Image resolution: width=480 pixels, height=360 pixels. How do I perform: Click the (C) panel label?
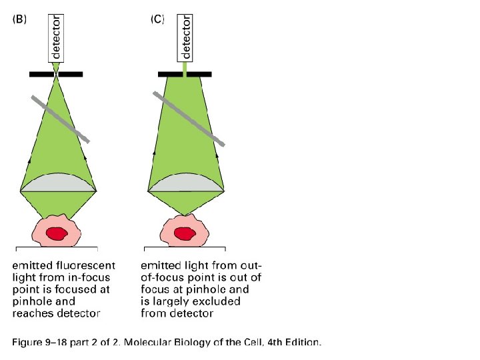click(x=157, y=19)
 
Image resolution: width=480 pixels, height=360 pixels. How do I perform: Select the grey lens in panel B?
click(x=59, y=183)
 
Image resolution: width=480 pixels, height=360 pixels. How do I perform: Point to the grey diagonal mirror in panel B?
click(x=60, y=119)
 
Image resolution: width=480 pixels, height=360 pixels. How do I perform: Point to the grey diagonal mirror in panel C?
click(x=189, y=119)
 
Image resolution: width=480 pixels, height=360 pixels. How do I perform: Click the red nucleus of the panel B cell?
click(x=56, y=233)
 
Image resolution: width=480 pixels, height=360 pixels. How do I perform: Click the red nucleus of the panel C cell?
click(x=183, y=233)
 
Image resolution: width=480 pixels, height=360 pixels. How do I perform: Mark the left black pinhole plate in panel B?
click(x=41, y=73)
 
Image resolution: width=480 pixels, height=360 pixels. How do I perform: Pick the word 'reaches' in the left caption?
click(x=33, y=313)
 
